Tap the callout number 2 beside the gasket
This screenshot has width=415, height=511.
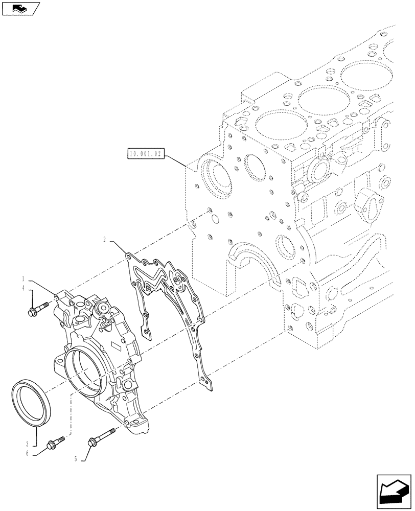pos(104,239)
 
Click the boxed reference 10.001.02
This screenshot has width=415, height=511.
pos(146,152)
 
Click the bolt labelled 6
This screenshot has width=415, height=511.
pos(55,442)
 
